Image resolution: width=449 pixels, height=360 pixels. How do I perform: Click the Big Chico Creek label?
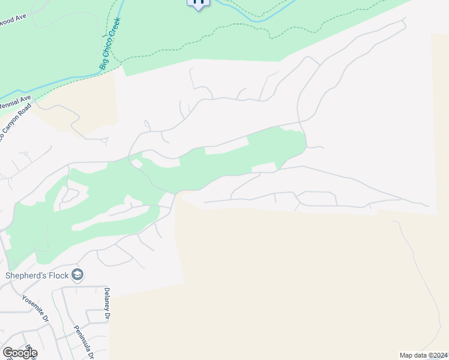click(x=110, y=44)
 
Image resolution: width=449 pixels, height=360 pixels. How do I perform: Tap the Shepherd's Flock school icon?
click(x=77, y=275)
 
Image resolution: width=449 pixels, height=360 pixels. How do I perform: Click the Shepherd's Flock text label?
click(x=37, y=276)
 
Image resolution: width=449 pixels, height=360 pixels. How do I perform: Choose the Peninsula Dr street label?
click(x=83, y=342)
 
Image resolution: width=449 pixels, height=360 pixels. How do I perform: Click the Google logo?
click(x=20, y=352)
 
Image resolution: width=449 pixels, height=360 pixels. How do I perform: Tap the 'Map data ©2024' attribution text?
click(x=424, y=355)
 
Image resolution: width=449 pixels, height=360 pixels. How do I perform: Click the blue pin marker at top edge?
click(x=199, y=3)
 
